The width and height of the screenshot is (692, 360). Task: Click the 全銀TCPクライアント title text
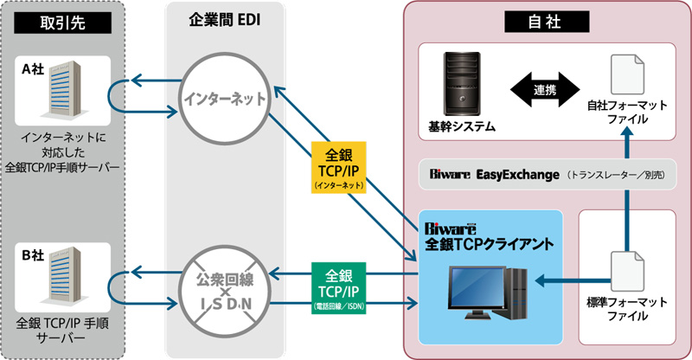(487, 245)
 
